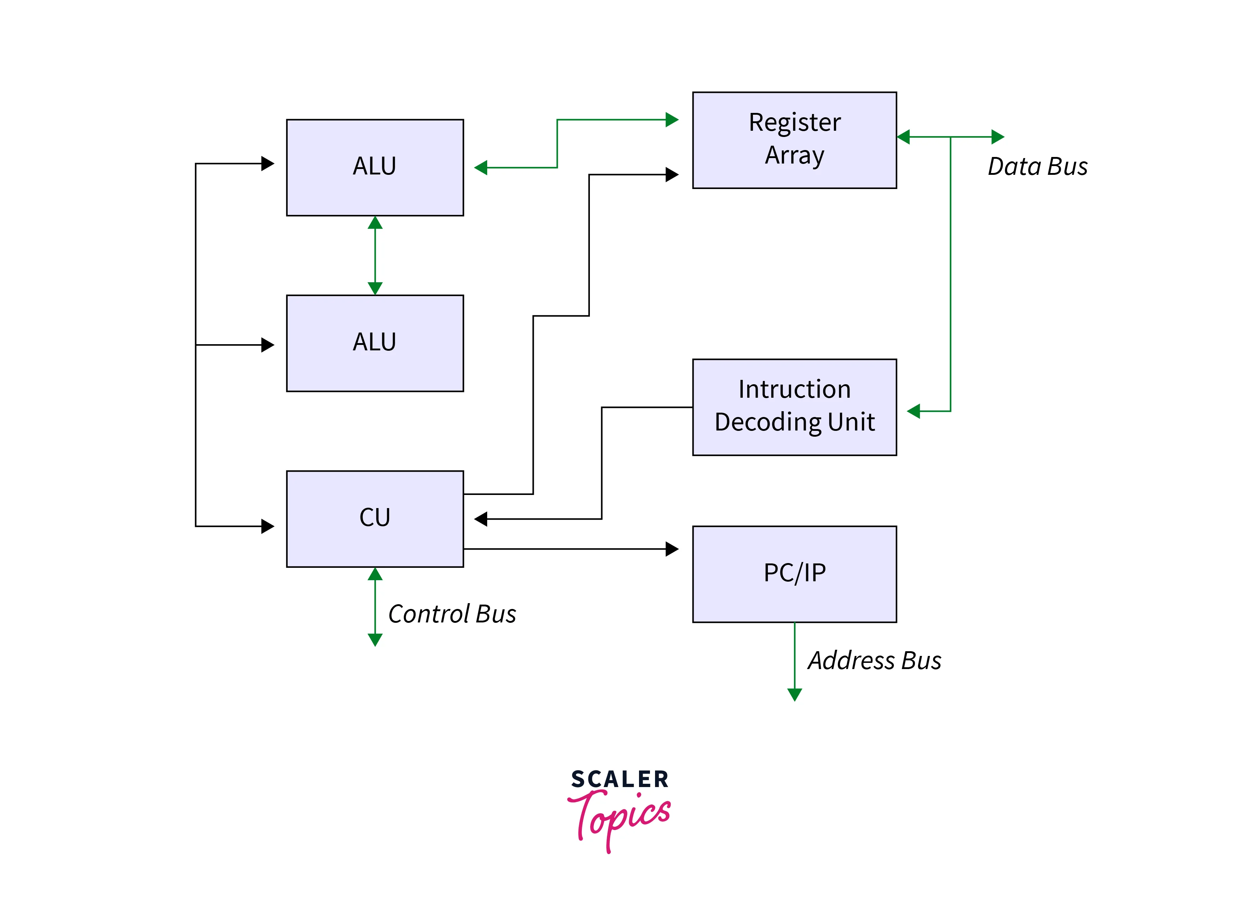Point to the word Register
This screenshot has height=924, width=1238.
click(794, 122)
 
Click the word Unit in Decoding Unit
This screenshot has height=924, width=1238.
click(851, 422)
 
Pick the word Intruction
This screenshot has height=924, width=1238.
click(794, 389)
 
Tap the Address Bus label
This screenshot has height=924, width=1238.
click(874, 661)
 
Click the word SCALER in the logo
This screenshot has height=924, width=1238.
click(620, 779)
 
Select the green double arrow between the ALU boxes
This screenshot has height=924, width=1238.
click(375, 256)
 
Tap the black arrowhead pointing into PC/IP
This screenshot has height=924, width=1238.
click(671, 549)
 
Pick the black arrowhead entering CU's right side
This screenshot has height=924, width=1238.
click(481, 519)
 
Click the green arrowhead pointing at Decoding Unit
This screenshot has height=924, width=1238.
click(913, 411)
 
